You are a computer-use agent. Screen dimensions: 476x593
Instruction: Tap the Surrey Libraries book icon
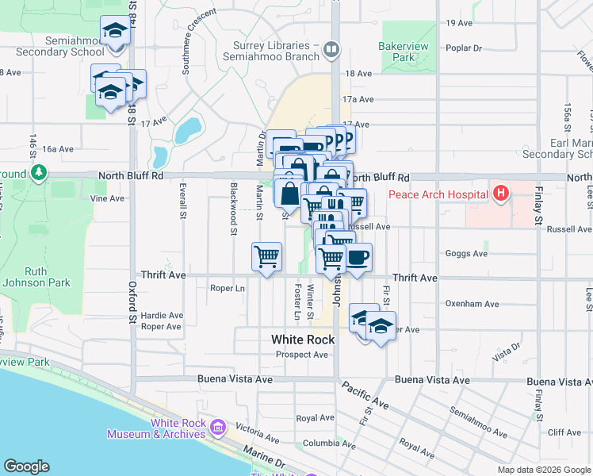(331, 50)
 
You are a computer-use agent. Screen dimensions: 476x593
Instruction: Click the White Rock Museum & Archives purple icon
(218, 429)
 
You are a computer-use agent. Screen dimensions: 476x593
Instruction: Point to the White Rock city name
(303, 340)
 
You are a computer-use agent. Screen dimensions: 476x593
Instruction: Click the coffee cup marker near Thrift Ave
(358, 257)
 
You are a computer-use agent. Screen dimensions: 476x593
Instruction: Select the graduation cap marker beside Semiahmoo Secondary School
(116, 32)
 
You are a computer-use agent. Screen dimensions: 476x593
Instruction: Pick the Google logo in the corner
(26, 466)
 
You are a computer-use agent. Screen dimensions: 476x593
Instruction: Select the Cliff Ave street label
(564, 432)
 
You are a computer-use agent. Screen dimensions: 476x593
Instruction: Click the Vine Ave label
(108, 198)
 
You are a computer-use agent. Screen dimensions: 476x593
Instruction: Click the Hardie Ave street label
(162, 315)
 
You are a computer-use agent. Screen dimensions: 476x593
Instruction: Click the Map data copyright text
(544, 470)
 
